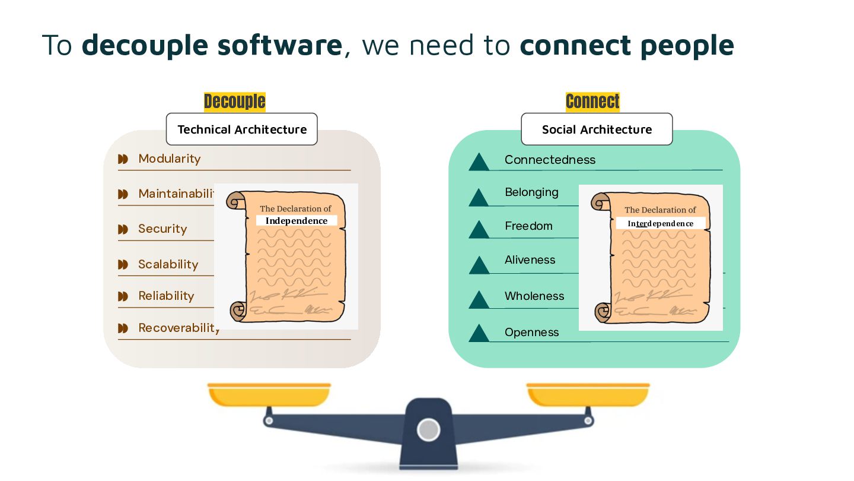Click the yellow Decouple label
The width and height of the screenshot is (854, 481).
pos(234,102)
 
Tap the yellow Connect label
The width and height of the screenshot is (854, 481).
pos(592,102)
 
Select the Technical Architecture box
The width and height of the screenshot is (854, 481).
pos(241,129)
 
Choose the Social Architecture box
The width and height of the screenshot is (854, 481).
pos(597,129)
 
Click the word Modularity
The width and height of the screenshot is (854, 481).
pos(169,159)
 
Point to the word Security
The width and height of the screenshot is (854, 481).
pos(162,229)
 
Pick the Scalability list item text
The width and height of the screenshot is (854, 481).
pos(168,264)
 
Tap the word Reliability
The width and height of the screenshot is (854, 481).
pos(166,296)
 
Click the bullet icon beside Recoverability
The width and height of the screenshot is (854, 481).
pos(123,328)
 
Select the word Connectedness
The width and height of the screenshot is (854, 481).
pos(550,160)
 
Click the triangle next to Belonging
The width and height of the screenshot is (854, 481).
pos(479,198)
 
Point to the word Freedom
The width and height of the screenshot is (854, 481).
pos(528,226)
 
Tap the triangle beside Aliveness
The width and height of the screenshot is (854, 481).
pos(479,265)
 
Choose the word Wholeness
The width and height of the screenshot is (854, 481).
pos(534,296)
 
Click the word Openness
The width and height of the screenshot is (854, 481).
pos(531,332)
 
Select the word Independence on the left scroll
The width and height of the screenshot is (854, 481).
pos(296,221)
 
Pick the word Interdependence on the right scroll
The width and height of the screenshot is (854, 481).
pos(661,223)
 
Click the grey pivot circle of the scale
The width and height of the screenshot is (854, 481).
pos(428,429)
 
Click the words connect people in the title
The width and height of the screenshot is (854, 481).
pos(626,45)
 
